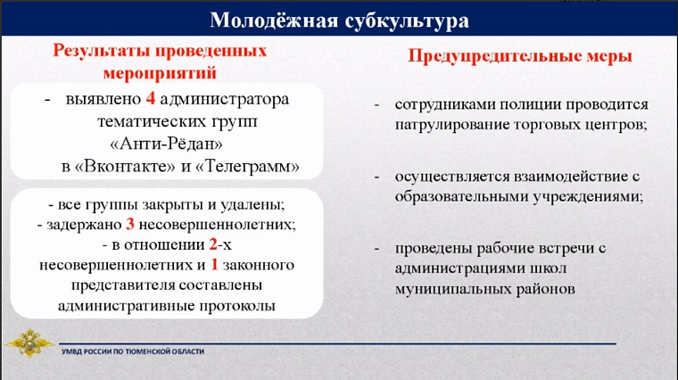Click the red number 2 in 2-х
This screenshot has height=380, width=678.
(211, 244)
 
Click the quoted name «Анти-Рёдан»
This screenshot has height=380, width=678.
(166, 143)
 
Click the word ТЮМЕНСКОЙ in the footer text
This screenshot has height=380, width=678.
(147, 351)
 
